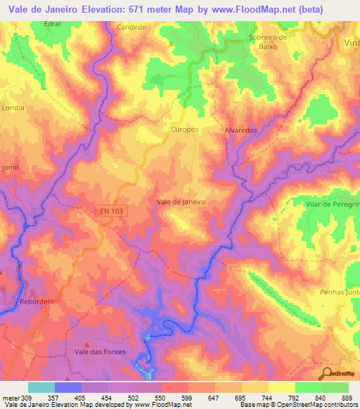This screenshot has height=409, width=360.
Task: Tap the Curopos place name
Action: point(185,130)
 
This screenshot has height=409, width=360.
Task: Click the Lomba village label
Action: point(13,108)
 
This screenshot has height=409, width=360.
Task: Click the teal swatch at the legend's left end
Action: point(41,387)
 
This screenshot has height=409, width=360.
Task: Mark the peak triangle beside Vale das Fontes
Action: point(86,344)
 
